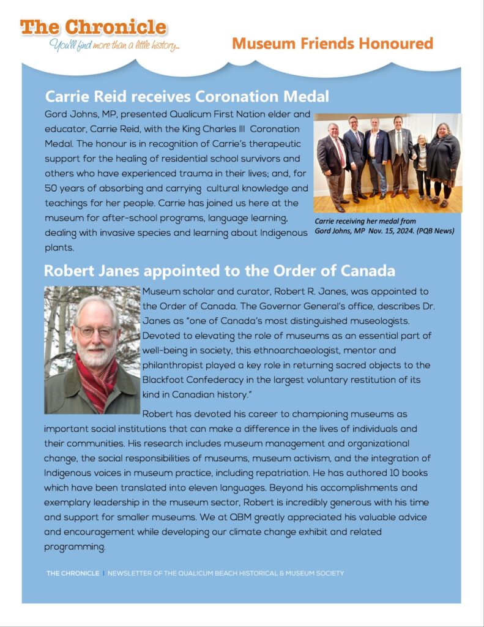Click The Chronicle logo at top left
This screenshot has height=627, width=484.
tap(92, 28)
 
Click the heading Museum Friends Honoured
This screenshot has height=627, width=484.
tap(332, 44)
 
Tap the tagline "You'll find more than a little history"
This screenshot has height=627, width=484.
tap(114, 45)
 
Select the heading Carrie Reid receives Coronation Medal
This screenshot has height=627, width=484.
tap(187, 96)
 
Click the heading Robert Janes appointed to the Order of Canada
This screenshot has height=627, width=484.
tap(220, 270)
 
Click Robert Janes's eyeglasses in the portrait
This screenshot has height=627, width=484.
tap(95, 331)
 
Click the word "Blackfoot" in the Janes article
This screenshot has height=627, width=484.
tap(164, 380)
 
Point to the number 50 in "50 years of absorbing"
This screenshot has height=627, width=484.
tap(51, 188)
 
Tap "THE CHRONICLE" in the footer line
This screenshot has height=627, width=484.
tap(72, 574)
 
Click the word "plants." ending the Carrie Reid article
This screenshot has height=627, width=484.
tap(59, 247)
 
